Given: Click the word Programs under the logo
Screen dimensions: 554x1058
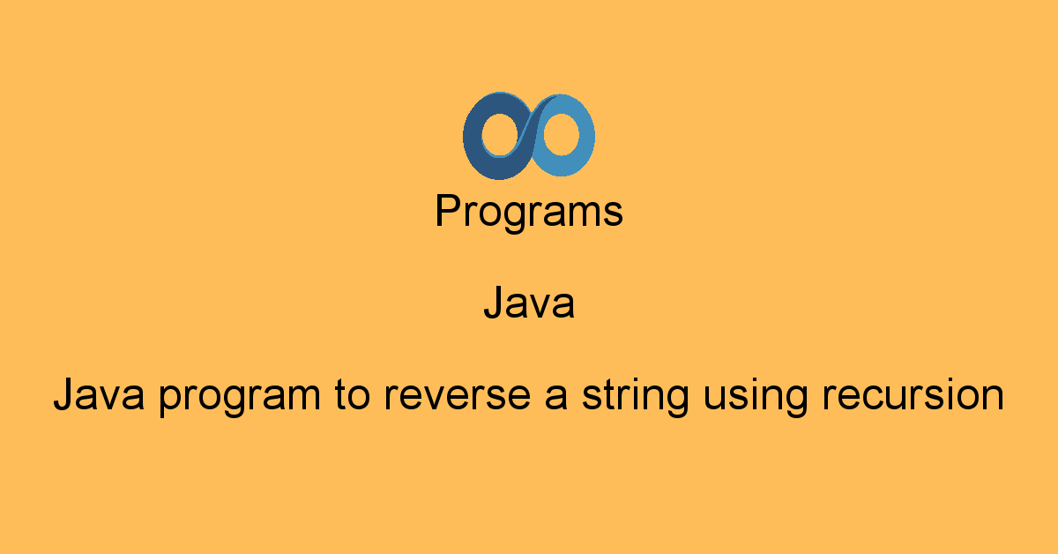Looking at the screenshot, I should (529, 213).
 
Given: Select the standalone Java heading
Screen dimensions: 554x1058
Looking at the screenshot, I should (529, 304).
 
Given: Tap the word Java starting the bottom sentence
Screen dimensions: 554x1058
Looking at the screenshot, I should (100, 395).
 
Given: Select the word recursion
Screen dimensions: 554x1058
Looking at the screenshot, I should (913, 395).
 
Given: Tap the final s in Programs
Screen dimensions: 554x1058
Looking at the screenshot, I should (615, 215).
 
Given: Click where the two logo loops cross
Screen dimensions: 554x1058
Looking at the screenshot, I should (529, 135).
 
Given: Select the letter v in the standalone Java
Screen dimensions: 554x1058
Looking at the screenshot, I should (540, 306).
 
